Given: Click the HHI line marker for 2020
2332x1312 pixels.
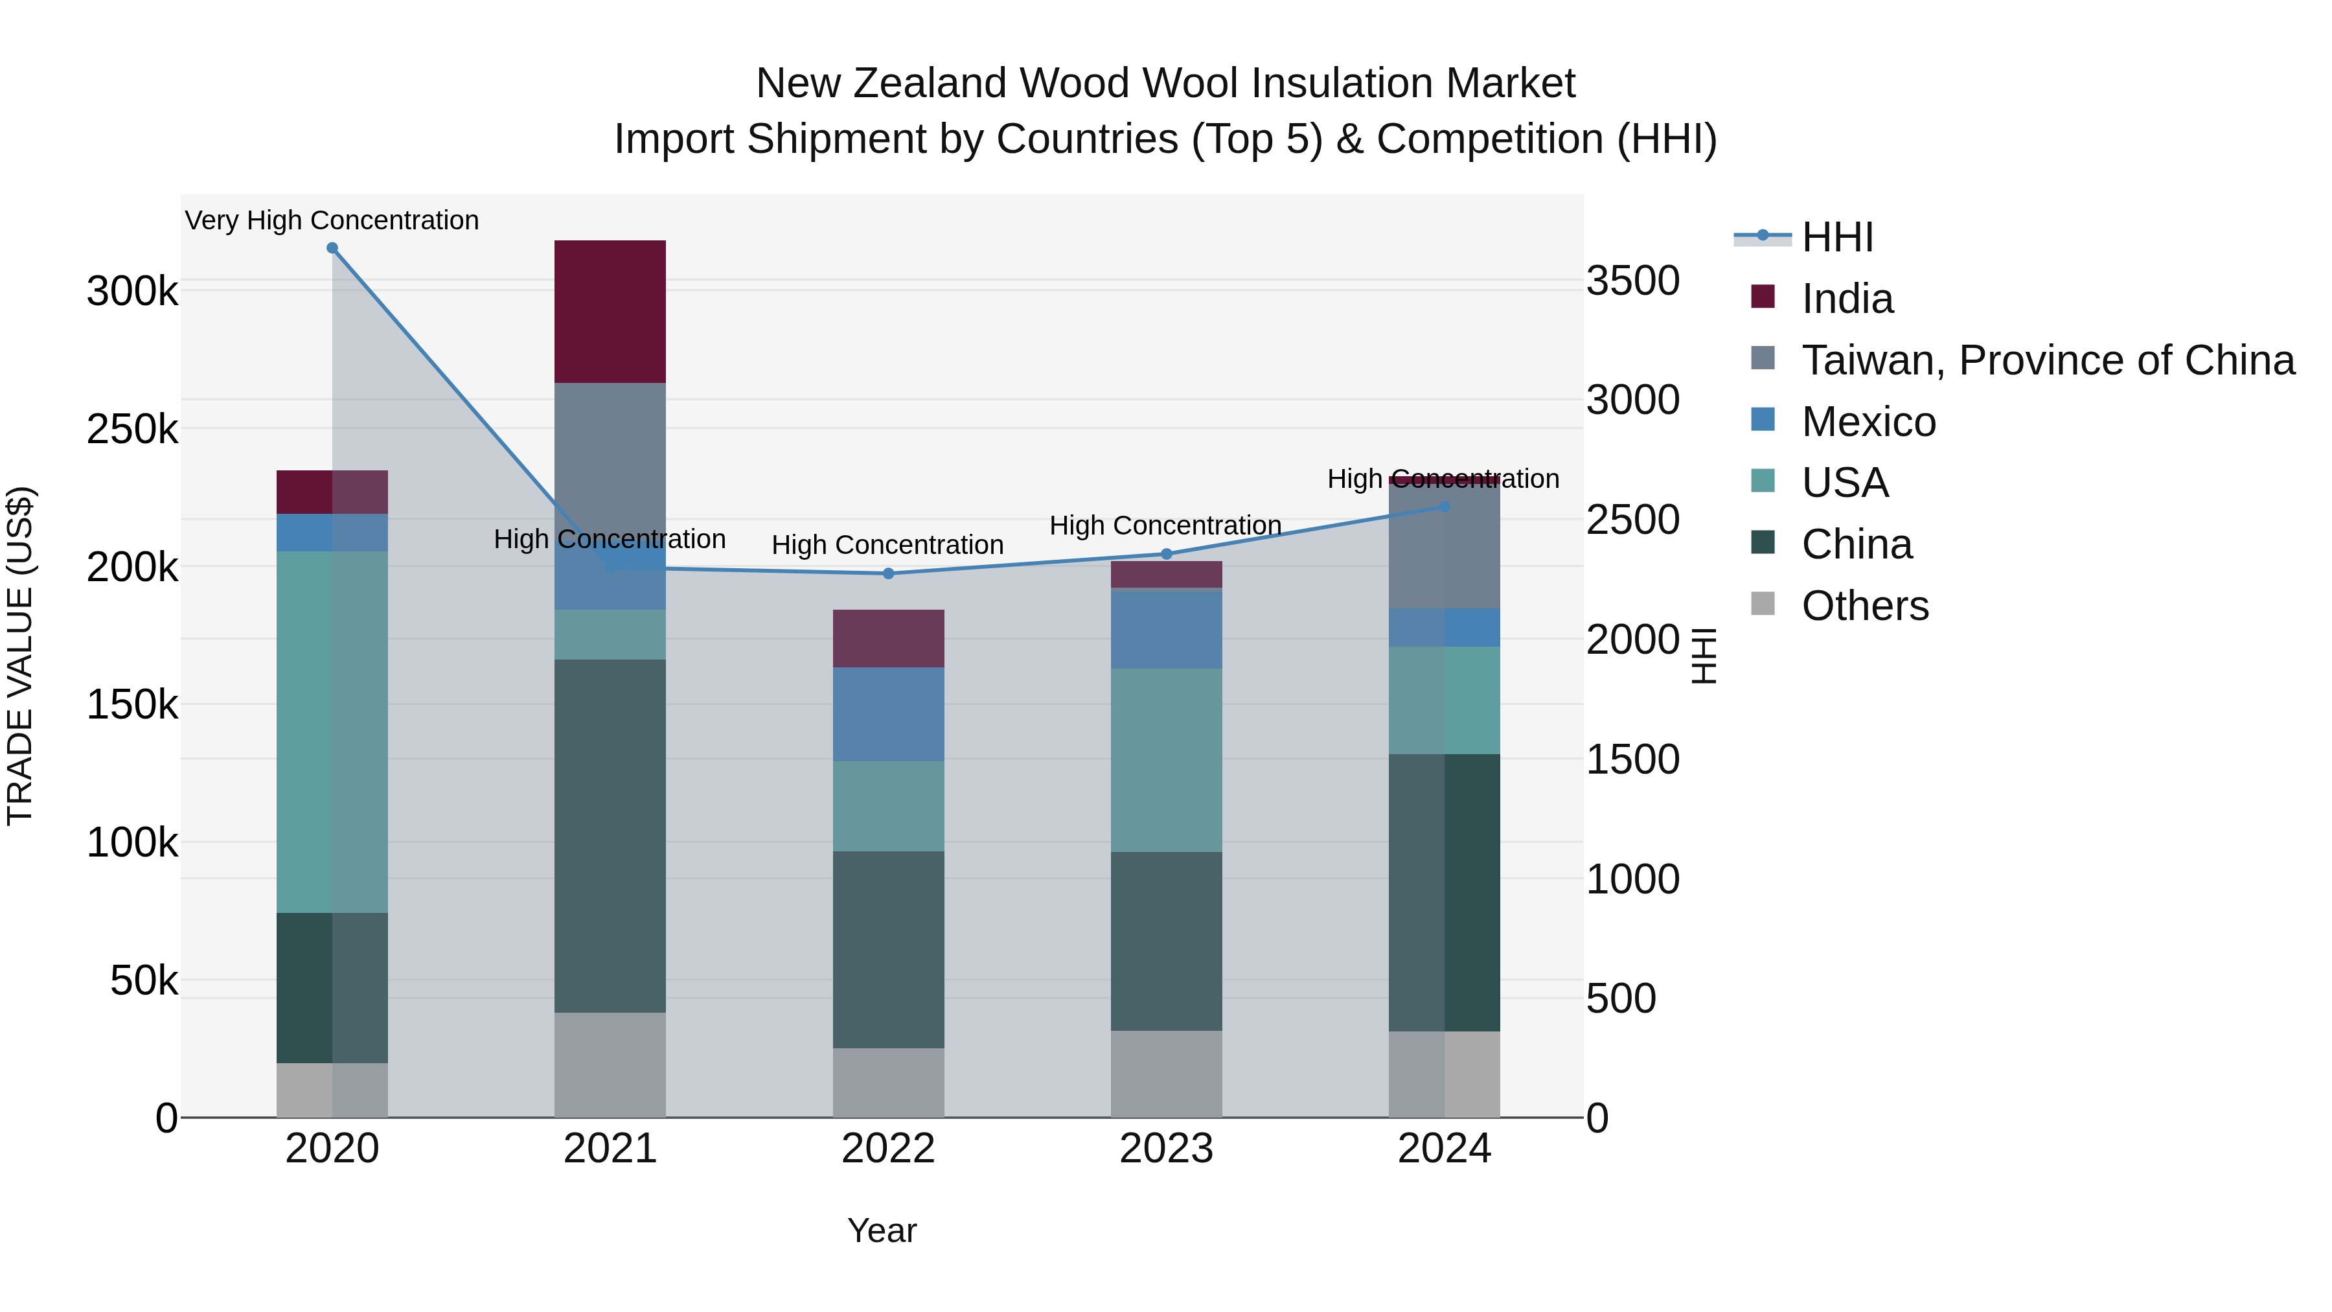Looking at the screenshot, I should [332, 248].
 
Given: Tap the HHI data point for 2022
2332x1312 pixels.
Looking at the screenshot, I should [888, 573].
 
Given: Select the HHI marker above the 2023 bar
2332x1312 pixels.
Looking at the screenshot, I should [1166, 554].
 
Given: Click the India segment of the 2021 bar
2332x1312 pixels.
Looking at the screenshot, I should [610, 312].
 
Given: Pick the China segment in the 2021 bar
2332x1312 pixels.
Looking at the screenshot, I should [610, 835].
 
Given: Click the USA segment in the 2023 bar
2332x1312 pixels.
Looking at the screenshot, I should [1166, 760].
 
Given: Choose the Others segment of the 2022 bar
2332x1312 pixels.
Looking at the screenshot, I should [888, 1082].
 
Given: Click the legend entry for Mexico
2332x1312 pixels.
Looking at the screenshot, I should [1868, 422].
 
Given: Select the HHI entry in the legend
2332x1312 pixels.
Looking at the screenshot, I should [1837, 237].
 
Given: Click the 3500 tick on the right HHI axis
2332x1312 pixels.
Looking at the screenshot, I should [1632, 281].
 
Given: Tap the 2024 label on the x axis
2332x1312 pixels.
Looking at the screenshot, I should [1444, 1149].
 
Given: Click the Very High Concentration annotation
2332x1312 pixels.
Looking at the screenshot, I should [332, 220].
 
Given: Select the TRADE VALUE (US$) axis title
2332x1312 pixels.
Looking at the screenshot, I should [20, 656].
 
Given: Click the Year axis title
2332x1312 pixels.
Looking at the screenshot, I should [882, 1230].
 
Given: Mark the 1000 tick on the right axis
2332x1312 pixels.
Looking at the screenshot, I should [1632, 879].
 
